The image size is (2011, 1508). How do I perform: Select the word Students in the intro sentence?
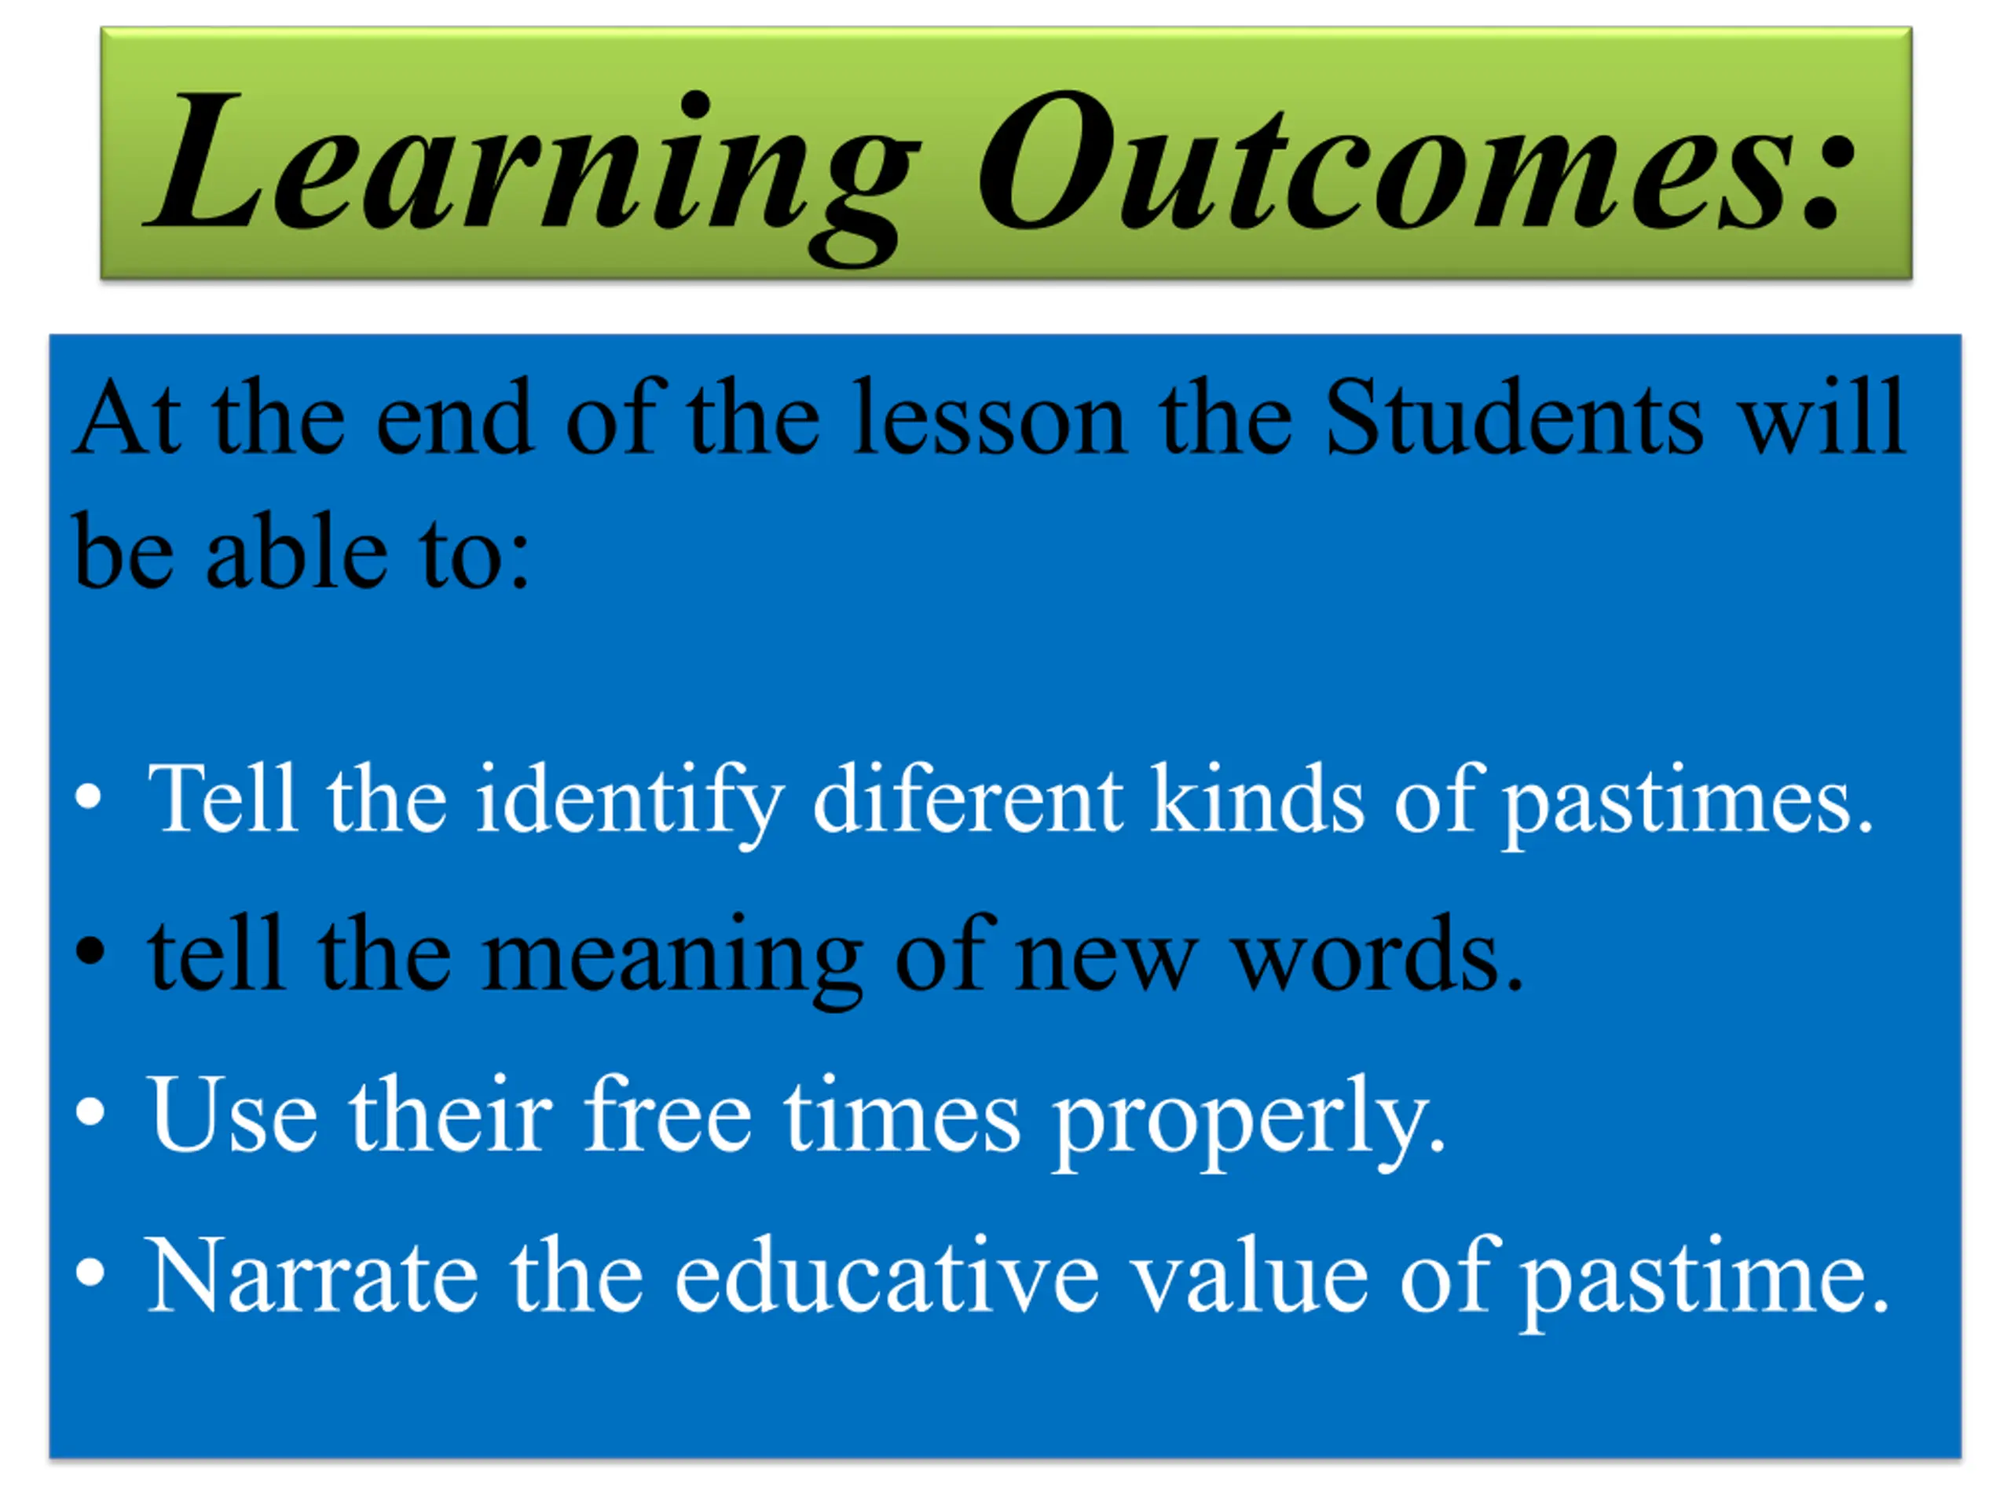pos(1514,417)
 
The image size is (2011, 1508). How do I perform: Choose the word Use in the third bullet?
pos(233,1114)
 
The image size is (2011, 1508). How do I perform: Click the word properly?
pos(1248,1119)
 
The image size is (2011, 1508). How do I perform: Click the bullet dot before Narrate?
pos(90,1272)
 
